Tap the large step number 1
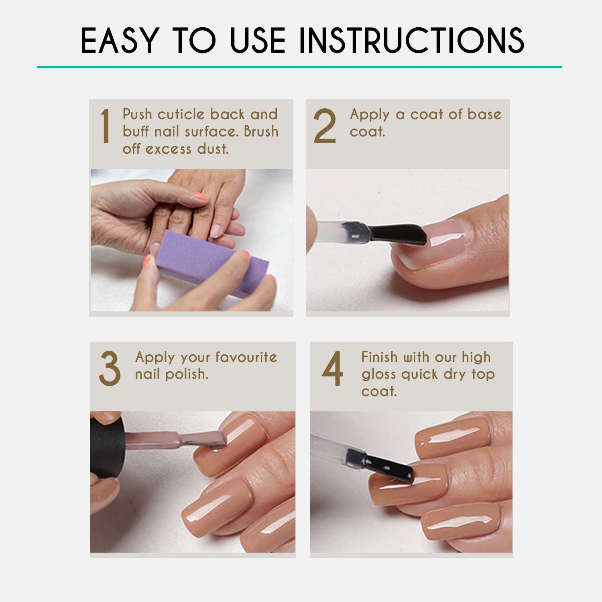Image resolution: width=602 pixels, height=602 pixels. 105,126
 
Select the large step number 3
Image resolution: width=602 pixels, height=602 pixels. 110,368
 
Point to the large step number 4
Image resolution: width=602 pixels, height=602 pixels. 332,368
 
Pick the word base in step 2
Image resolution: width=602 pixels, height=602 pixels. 484,114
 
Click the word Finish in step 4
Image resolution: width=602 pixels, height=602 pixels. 380,357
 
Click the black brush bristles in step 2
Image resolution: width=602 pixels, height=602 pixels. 397,235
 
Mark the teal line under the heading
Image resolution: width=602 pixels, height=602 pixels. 300,67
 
